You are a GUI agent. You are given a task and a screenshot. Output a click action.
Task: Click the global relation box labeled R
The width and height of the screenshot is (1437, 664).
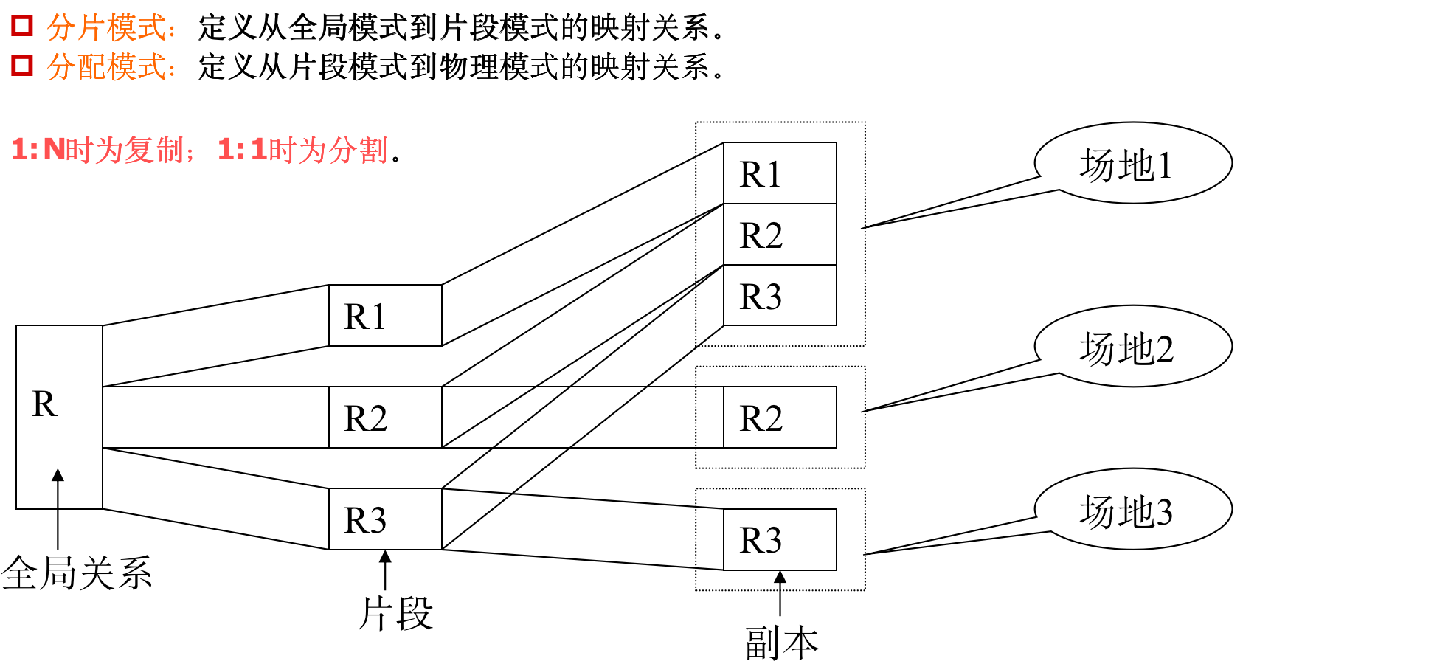[x=59, y=417]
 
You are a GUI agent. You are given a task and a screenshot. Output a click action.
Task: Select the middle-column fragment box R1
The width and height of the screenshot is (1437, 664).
[x=385, y=315]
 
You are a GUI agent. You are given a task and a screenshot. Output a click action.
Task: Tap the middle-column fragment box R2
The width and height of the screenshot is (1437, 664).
[x=385, y=417]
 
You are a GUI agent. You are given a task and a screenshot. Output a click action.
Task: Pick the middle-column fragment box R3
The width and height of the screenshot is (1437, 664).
[x=385, y=519]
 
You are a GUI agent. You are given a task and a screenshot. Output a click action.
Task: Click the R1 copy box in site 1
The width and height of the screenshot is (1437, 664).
[x=780, y=173]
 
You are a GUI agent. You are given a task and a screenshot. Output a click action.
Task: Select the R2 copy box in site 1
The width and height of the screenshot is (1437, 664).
[x=780, y=234]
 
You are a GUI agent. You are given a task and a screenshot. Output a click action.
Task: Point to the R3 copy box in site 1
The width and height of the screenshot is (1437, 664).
[x=780, y=295]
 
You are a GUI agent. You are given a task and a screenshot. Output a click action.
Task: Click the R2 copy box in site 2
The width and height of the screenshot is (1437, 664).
[x=780, y=417]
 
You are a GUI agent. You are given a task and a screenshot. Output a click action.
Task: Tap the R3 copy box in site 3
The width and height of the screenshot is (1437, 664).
[x=780, y=539]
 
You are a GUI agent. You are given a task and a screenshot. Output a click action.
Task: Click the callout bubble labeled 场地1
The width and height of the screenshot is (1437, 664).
[x=1133, y=163]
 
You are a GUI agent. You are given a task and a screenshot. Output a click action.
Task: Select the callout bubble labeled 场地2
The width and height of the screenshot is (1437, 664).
[x=1133, y=346]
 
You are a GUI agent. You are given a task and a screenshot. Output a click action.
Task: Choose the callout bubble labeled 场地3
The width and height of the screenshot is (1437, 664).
[x=1133, y=509]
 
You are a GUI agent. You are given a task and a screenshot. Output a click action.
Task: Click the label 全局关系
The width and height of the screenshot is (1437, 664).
[x=77, y=573]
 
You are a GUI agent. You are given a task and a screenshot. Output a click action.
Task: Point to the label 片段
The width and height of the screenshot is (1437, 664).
[x=395, y=613]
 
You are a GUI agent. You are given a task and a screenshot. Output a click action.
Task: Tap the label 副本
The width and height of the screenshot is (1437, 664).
[x=782, y=643]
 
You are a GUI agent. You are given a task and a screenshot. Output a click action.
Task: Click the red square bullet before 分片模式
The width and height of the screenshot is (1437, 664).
[x=22, y=26]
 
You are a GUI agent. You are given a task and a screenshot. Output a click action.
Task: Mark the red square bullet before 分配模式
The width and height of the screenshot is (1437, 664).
[x=22, y=65]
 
